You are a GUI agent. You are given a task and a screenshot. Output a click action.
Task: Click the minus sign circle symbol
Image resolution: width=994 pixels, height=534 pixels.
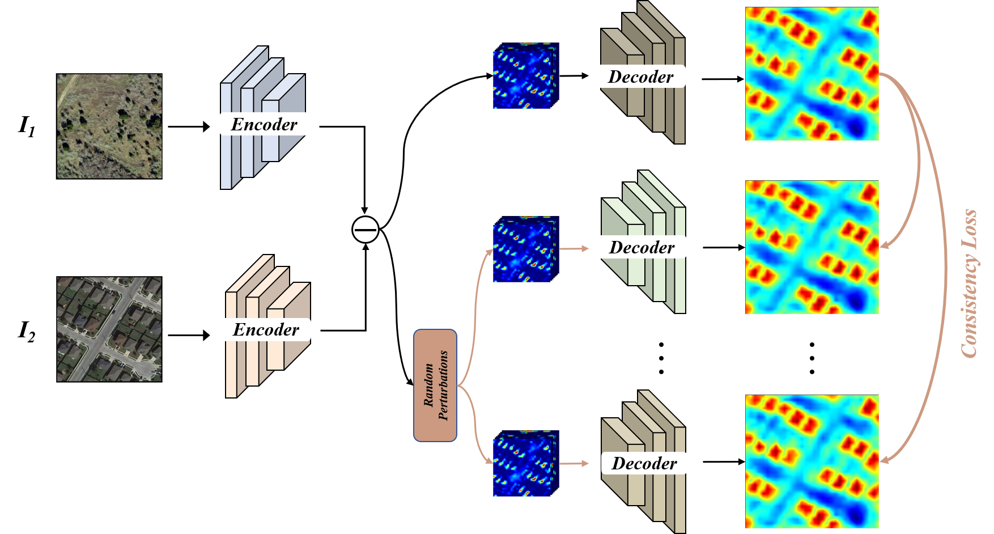pos(366,230)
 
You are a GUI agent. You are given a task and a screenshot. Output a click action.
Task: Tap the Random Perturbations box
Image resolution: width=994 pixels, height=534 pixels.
pos(435,385)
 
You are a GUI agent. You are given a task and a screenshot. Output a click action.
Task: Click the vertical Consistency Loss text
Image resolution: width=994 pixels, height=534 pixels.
pos(970,283)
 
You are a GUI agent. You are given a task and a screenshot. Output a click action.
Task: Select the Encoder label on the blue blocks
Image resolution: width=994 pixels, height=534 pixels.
pos(264,124)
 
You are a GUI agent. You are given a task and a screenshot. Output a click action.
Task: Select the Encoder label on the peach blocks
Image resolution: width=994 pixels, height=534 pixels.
pos(266,329)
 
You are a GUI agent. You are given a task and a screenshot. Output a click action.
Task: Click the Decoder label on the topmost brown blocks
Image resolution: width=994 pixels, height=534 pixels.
pos(640,77)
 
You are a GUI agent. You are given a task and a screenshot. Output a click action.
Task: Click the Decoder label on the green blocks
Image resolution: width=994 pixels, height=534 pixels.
pos(642,247)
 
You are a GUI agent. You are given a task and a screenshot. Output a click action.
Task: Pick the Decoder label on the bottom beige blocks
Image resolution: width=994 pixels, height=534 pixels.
pos(644,463)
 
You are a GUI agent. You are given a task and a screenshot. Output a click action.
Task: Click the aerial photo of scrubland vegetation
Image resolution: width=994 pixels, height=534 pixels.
pos(109,126)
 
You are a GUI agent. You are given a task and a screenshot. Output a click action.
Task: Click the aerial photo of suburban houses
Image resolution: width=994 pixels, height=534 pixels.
pos(109,329)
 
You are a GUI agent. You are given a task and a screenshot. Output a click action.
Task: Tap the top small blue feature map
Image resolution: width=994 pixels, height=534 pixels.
pos(526,75)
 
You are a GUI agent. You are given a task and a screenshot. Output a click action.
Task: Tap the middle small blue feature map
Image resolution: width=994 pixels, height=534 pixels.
pos(526,248)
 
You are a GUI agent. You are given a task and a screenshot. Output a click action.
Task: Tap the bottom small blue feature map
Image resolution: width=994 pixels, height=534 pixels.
pos(526,463)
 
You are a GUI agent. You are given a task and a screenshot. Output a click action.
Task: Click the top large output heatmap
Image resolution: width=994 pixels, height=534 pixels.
pos(812,74)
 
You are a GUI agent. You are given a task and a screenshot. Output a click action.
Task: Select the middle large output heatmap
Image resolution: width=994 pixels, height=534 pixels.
pos(812,247)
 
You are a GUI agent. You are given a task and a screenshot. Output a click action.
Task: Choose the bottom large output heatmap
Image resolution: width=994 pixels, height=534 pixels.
pos(812,462)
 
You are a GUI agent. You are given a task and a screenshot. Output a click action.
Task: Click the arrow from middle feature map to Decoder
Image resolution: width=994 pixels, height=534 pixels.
pos(575,248)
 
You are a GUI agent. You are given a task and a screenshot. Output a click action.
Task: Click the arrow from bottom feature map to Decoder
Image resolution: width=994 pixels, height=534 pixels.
pos(575,463)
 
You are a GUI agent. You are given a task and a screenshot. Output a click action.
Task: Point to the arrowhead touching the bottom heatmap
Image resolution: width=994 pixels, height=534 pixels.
pos(884,460)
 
